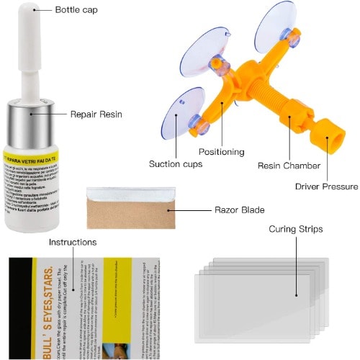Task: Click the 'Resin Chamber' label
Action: coord(289,166)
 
